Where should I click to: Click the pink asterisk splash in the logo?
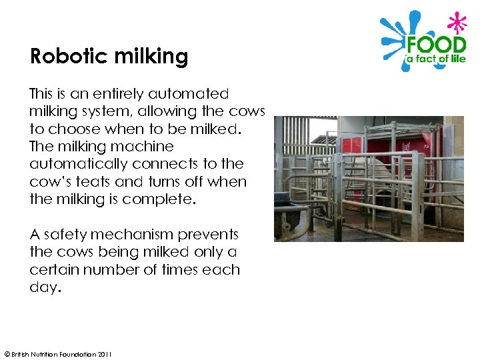(457, 23)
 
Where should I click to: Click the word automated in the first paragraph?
(189, 94)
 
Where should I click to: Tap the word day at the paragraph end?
(43, 287)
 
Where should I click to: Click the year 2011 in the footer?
(105, 354)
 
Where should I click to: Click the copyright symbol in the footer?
(6, 354)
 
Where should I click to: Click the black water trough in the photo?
(291, 215)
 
